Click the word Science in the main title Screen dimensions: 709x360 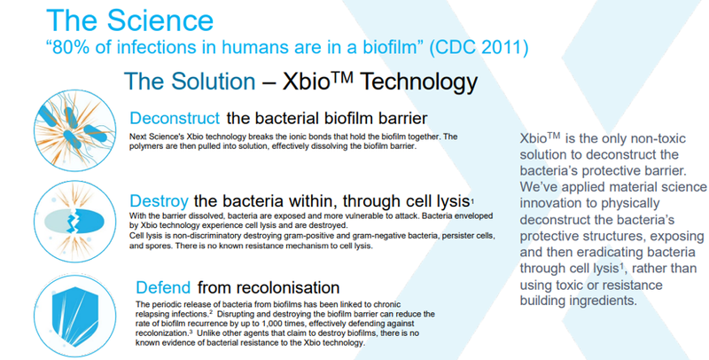click(x=160, y=20)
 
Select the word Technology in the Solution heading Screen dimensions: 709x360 click(x=418, y=82)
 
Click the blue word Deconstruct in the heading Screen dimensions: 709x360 click(x=175, y=118)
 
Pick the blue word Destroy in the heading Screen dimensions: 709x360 click(x=159, y=200)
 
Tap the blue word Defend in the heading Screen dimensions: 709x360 click(x=163, y=287)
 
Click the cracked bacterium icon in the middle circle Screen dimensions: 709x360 click(x=74, y=221)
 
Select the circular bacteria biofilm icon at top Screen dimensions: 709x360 click(x=75, y=129)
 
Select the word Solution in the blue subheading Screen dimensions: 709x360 click(x=213, y=82)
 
